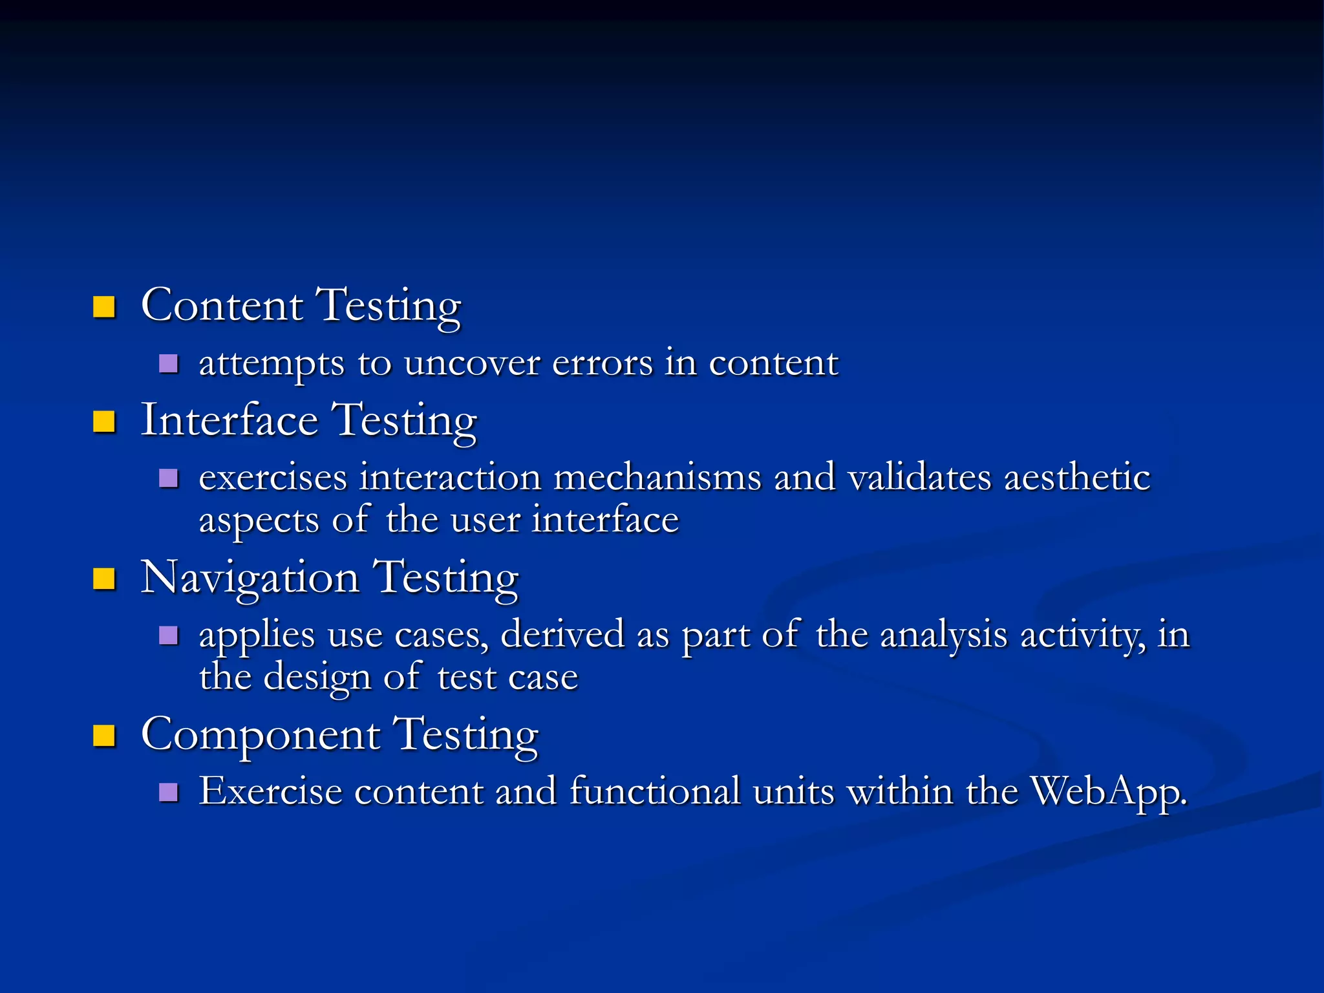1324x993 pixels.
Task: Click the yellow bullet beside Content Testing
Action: (x=104, y=307)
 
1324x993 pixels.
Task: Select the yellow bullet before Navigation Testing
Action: (x=104, y=579)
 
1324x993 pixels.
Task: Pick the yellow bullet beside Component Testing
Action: (x=104, y=736)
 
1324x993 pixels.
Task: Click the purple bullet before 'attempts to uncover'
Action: (x=168, y=364)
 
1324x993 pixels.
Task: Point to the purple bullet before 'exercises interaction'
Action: (x=168, y=478)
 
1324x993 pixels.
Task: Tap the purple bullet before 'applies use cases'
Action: (x=168, y=635)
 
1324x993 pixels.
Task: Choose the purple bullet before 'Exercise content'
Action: (x=168, y=793)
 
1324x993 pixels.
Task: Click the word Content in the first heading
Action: (x=222, y=305)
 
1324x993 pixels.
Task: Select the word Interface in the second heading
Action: (x=230, y=420)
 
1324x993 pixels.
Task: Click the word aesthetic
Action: (x=1077, y=478)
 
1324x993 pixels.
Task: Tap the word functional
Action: (x=655, y=791)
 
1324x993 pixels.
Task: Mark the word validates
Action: (x=919, y=478)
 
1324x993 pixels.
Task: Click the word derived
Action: (x=562, y=634)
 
